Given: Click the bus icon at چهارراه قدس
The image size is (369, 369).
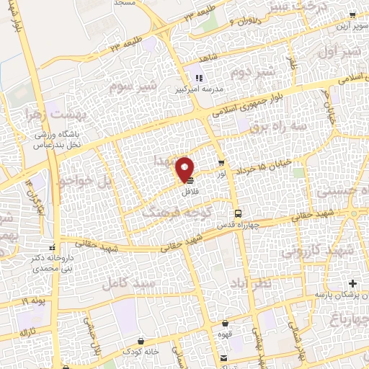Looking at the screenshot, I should [x=238, y=213].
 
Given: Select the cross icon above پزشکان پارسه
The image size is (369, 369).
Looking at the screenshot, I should [x=352, y=282].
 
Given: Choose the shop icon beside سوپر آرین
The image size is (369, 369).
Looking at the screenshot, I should [x=350, y=15].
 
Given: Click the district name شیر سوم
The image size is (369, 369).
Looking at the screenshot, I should [x=115, y=89].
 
